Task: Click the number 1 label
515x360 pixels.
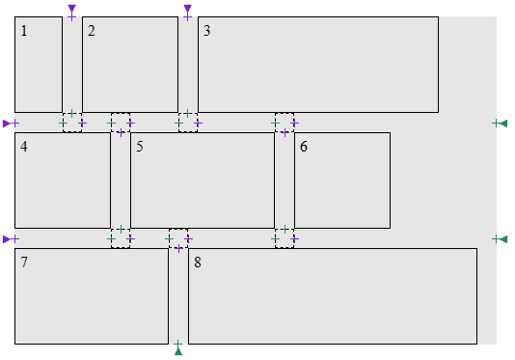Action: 24,31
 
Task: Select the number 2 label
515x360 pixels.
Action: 92,31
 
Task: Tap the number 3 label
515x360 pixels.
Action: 207,31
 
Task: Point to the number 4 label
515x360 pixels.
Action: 24,147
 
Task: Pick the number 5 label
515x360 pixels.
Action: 140,147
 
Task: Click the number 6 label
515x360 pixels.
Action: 304,147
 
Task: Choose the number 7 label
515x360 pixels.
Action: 24,263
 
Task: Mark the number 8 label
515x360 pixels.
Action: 198,263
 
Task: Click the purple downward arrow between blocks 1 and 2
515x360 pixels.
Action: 72,9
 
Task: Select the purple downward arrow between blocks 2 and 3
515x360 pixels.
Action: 187,9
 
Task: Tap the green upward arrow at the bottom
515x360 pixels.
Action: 178,351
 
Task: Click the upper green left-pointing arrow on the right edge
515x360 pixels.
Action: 503,124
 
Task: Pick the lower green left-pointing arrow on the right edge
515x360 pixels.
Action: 503,239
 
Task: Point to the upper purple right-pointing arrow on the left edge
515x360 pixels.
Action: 7,124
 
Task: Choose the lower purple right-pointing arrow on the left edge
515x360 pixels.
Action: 7,239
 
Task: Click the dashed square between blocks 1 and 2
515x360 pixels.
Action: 72,123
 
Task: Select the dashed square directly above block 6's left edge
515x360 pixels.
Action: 285,123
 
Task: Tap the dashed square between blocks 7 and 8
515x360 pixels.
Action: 178,238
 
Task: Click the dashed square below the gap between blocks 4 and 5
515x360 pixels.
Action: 121,238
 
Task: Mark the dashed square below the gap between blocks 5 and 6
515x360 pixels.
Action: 285,238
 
